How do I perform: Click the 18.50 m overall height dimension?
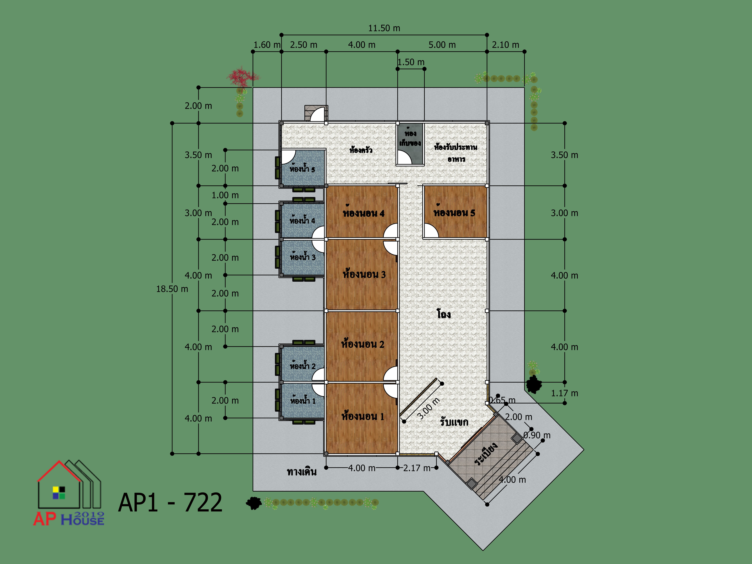[172, 289]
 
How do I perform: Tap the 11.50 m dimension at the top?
[384, 28]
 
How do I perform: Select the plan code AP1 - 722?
[170, 502]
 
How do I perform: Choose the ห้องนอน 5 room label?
[454, 212]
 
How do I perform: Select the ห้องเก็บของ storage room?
[410, 144]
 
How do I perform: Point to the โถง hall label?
[444, 314]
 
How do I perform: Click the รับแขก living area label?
[454, 422]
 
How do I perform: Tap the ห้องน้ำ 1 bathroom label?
[303, 400]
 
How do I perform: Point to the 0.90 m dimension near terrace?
[537, 435]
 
